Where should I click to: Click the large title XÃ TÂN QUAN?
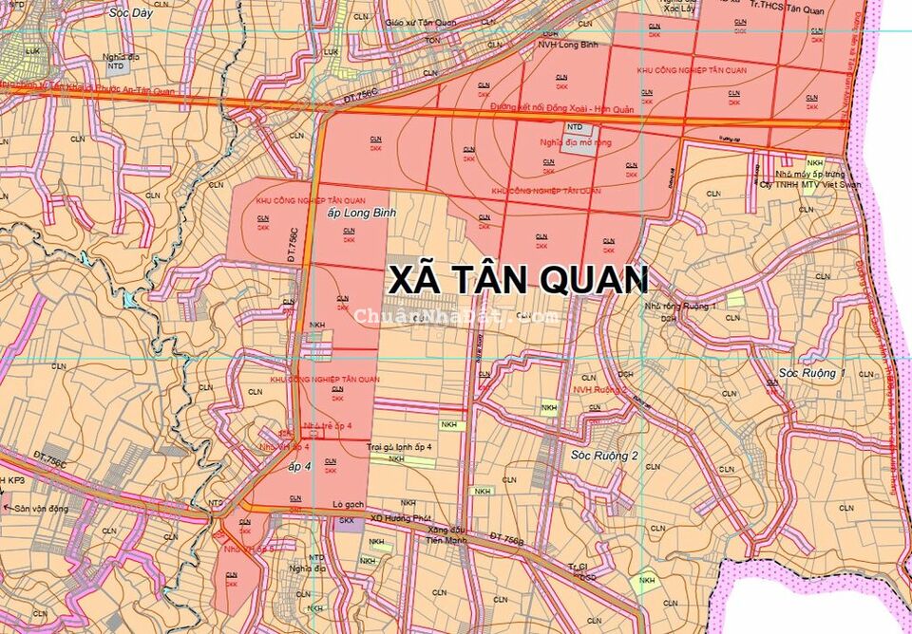(x=519, y=280)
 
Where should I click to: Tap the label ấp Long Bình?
(x=360, y=214)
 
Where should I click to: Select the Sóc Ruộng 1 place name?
(x=811, y=373)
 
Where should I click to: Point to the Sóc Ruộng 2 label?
(x=604, y=456)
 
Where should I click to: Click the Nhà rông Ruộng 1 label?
(x=678, y=307)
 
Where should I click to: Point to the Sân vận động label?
(x=41, y=509)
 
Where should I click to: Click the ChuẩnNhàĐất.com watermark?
(x=456, y=316)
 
